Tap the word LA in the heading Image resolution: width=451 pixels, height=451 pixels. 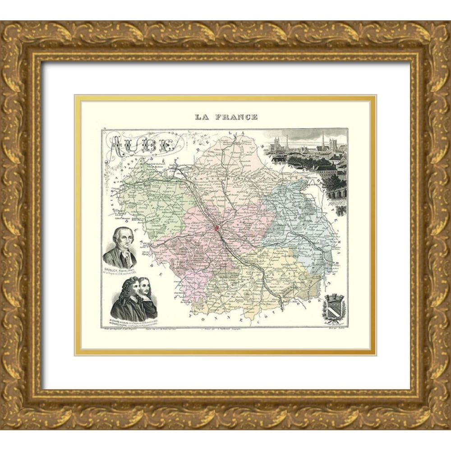pyautogui.click(x=202, y=117)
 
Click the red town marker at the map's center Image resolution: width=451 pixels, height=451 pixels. pyautogui.click(x=217, y=228)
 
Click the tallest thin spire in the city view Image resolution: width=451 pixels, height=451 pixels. pyautogui.click(x=323, y=140)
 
